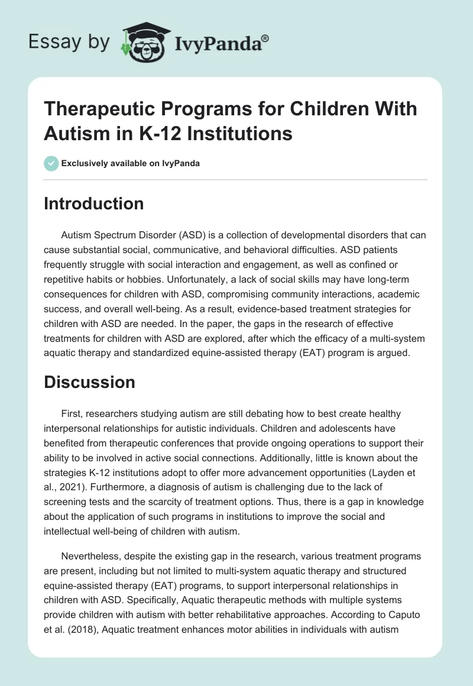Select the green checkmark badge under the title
[x=51, y=163]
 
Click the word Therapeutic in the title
[x=102, y=109]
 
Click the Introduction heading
[x=93, y=203]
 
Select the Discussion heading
[x=89, y=381]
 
